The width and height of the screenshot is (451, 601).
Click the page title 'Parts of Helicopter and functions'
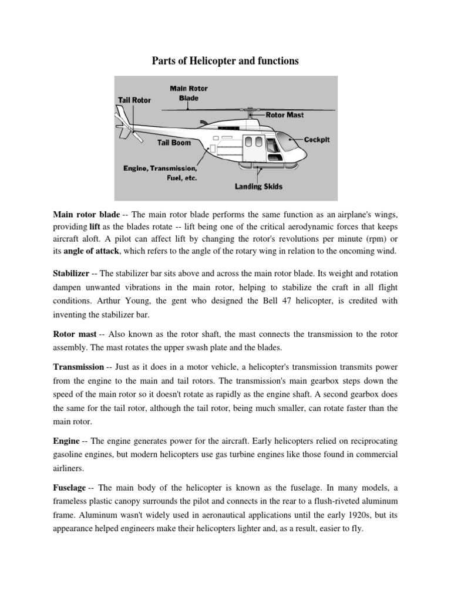tap(225, 61)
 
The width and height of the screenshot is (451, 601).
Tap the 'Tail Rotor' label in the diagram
tap(134, 100)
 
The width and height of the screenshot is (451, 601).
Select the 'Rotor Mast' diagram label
tap(285, 115)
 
